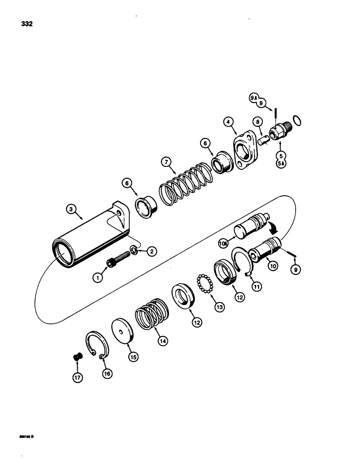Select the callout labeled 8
coord(256,123)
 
